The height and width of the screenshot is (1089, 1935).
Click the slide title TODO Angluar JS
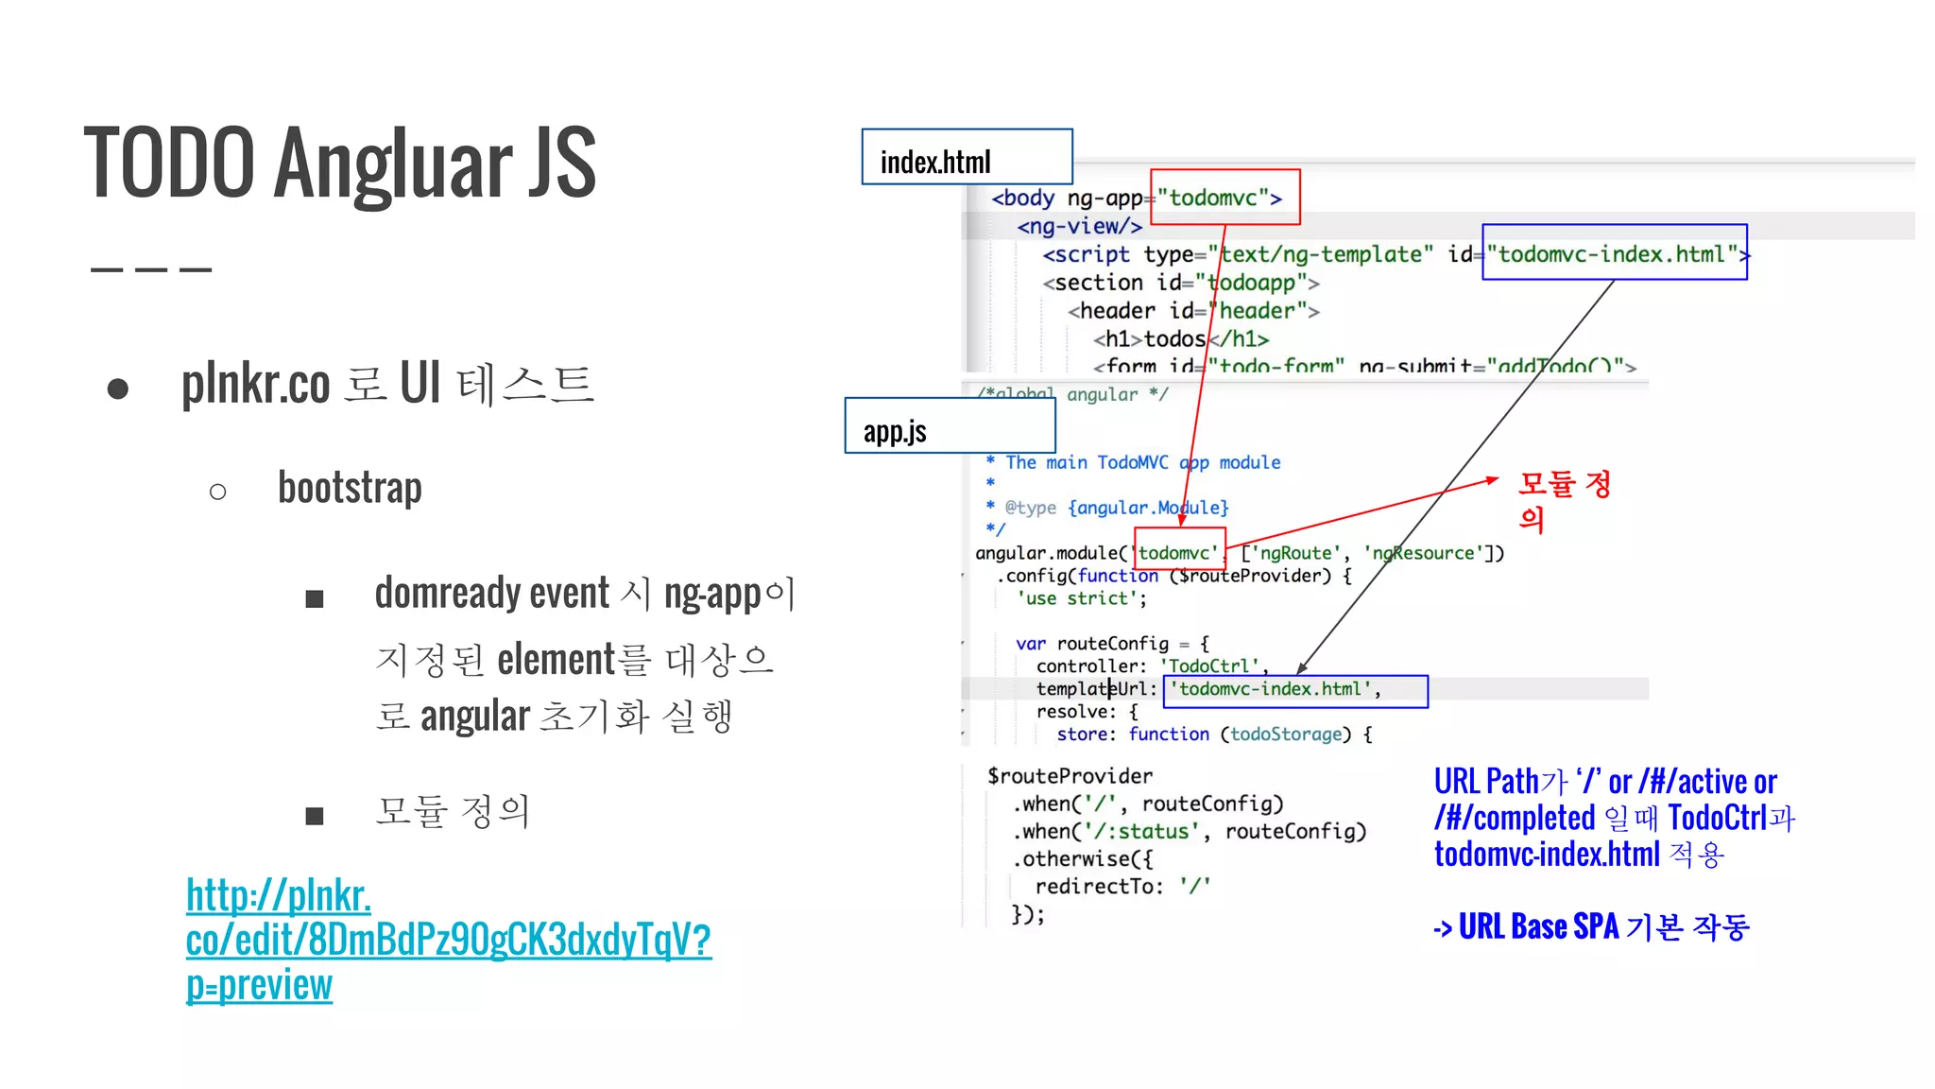coord(340,163)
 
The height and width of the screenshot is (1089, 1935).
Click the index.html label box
coord(967,157)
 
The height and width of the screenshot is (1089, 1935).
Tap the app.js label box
coord(950,426)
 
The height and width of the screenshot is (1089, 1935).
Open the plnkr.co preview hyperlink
coord(448,940)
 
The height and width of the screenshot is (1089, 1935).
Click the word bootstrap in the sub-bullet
coord(350,489)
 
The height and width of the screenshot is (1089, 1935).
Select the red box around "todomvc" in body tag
coord(1224,198)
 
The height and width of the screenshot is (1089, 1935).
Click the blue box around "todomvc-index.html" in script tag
coord(1614,253)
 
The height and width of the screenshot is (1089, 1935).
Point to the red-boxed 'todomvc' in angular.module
coord(1179,552)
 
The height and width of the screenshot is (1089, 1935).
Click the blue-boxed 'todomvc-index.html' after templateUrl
coord(1294,690)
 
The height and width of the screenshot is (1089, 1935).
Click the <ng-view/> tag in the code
coord(1079,226)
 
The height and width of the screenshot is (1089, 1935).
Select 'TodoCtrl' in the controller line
coord(1209,665)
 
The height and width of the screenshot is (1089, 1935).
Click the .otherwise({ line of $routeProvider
coord(1083,858)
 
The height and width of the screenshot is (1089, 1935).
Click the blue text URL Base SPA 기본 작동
coord(1592,926)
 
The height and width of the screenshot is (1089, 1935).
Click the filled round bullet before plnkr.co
coord(118,388)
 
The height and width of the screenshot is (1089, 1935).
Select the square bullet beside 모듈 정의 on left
coord(315,815)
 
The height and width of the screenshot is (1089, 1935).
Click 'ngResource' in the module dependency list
coord(1423,553)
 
